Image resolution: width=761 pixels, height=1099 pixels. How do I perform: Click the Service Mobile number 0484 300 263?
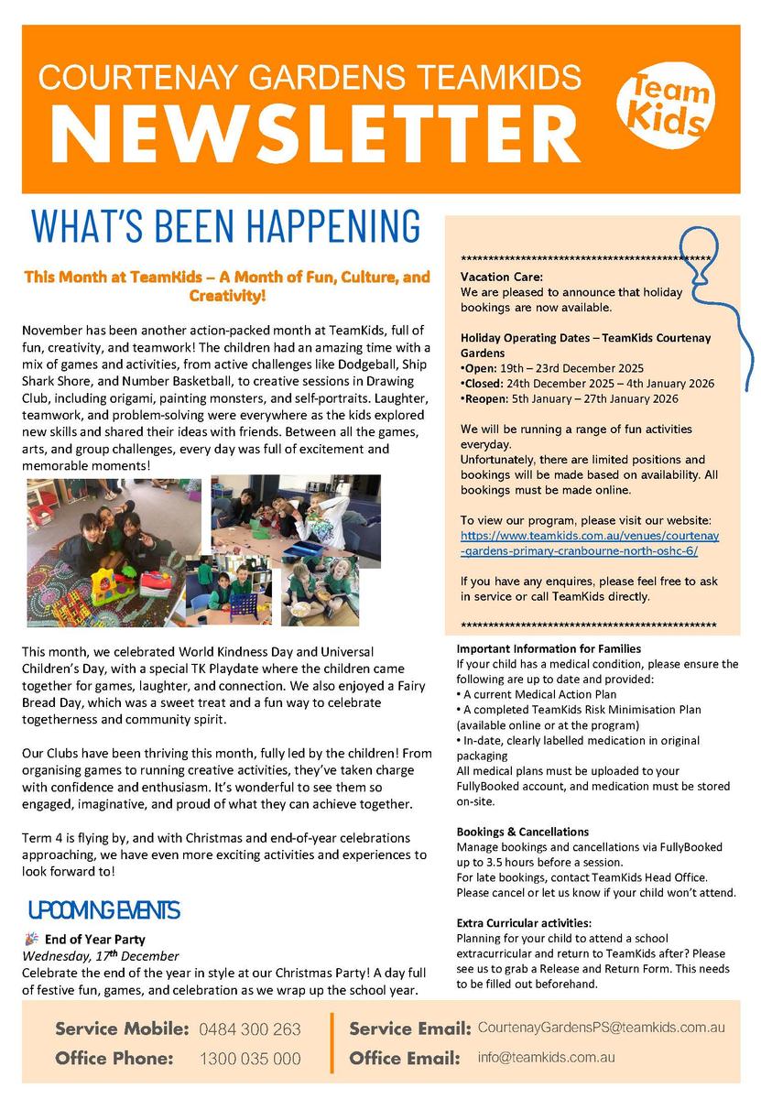click(x=249, y=1029)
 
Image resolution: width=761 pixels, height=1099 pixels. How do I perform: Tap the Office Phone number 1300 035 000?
click(x=250, y=1059)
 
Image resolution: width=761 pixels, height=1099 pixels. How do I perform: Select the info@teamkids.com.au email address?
click(x=546, y=1057)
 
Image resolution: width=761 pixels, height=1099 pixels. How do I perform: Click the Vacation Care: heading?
click(x=501, y=277)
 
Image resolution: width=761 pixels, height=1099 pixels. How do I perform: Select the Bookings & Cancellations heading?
click(x=522, y=832)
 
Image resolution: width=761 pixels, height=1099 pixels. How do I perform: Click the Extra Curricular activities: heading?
click(x=524, y=923)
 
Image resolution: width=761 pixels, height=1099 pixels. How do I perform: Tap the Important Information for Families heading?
click(x=548, y=648)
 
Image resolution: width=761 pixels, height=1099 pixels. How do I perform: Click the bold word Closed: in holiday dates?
click(x=484, y=384)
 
